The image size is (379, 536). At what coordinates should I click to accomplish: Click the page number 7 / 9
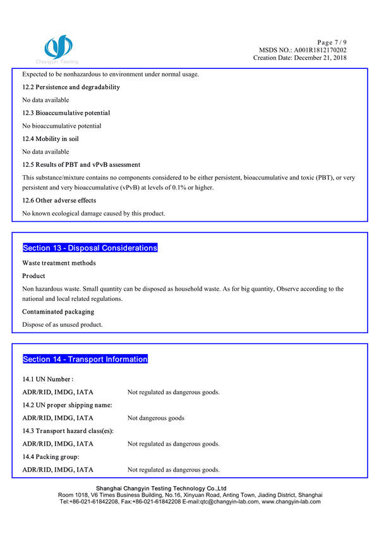click(331, 42)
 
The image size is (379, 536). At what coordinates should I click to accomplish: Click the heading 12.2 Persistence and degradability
click(71, 87)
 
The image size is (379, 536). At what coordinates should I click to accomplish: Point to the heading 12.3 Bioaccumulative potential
click(66, 113)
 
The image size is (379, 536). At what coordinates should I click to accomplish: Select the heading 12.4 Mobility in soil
click(54, 139)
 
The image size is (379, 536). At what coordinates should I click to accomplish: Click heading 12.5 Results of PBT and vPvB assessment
click(81, 165)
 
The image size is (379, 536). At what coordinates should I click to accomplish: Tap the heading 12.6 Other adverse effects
click(59, 200)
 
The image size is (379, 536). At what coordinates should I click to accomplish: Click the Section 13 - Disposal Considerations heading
click(90, 248)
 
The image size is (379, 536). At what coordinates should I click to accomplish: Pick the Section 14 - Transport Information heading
click(85, 359)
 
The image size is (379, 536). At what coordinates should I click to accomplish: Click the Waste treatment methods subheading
click(59, 263)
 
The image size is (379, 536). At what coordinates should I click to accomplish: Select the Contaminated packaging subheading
click(58, 312)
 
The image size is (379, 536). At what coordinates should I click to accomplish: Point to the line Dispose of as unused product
click(63, 325)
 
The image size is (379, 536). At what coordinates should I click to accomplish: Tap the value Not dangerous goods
click(156, 418)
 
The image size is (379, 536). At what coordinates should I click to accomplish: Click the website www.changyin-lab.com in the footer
click(291, 501)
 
